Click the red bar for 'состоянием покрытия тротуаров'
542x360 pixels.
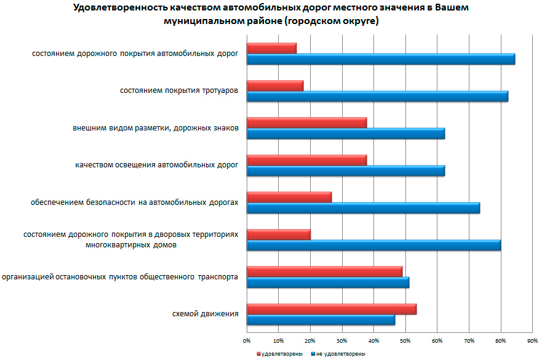point(274,86)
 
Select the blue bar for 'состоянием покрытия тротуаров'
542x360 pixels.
point(377,96)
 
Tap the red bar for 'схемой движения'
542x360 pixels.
point(331,309)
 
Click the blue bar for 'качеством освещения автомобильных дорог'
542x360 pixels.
point(345,170)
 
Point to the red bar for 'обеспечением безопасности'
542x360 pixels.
point(289,197)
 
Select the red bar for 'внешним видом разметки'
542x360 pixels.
point(306,122)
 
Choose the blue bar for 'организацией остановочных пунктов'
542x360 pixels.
point(327,282)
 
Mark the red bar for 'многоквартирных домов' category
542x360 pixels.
point(278,234)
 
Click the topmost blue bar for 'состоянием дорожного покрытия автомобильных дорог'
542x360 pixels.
point(380,59)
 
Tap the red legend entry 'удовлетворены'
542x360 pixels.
point(280,354)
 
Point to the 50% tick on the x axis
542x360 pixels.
point(405,340)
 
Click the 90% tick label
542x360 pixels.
point(533,340)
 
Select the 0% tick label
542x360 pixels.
point(246,340)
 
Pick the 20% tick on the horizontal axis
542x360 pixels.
point(310,340)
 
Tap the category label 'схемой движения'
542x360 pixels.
point(205,314)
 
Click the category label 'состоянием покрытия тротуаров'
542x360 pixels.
point(178,91)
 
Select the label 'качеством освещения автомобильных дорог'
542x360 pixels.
point(156,165)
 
